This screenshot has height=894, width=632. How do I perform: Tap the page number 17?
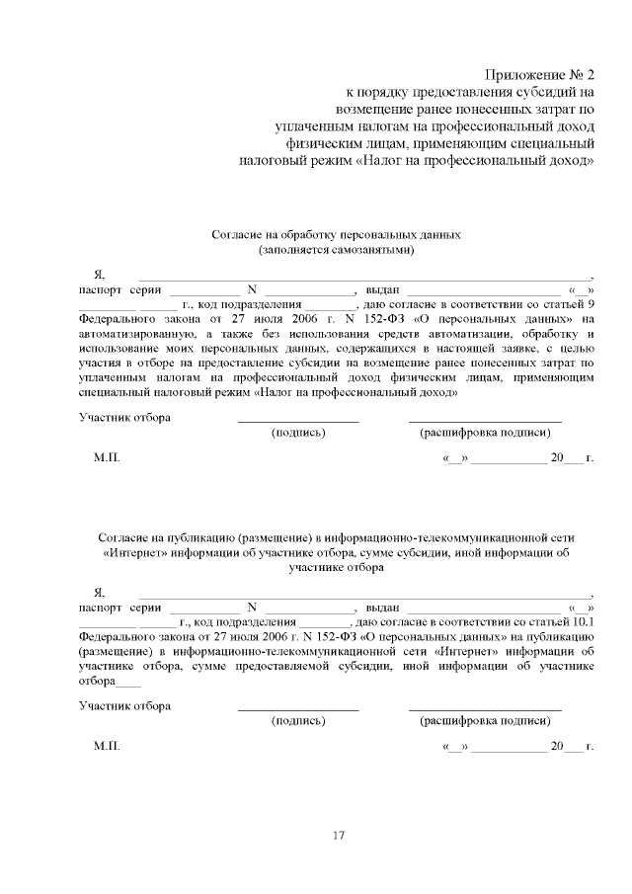click(338, 837)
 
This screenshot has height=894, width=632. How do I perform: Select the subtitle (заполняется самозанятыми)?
click(336, 251)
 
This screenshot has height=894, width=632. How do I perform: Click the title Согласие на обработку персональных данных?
click(336, 235)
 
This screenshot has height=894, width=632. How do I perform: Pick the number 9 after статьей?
click(590, 304)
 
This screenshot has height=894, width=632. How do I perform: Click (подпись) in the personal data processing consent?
click(298, 433)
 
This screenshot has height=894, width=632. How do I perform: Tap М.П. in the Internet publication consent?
click(107, 745)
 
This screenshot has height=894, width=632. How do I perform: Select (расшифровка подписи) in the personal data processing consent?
click(484, 433)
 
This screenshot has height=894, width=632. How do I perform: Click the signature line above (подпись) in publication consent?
click(298, 709)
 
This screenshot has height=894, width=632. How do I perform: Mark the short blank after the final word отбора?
click(129, 684)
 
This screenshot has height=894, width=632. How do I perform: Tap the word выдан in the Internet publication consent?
click(382, 607)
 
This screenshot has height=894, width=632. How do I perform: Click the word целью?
click(575, 349)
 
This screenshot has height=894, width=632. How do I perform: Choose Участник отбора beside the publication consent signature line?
click(124, 705)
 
